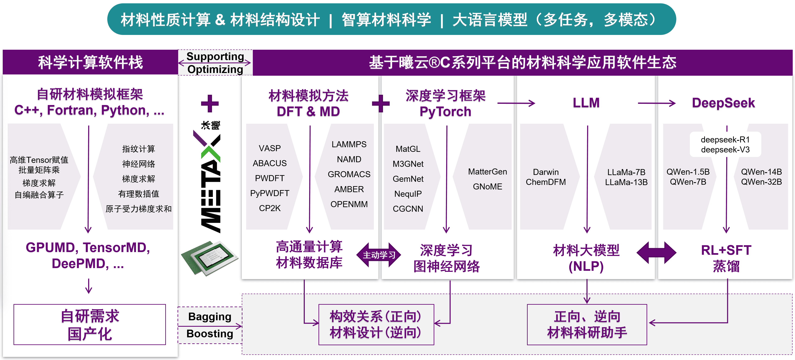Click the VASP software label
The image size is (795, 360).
click(x=270, y=148)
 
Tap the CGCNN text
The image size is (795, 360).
click(x=408, y=209)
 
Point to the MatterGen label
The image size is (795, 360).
click(x=487, y=172)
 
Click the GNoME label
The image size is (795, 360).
click(x=487, y=187)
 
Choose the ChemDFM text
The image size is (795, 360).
click(x=546, y=182)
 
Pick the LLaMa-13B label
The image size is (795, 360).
click(x=626, y=182)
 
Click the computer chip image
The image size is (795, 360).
click(x=210, y=258)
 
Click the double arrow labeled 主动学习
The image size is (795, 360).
click(x=379, y=255)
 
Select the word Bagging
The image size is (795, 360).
click(x=210, y=317)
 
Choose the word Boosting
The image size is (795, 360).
click(x=210, y=334)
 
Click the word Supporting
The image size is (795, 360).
click(x=215, y=57)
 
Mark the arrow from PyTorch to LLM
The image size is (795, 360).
click(x=516, y=103)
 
